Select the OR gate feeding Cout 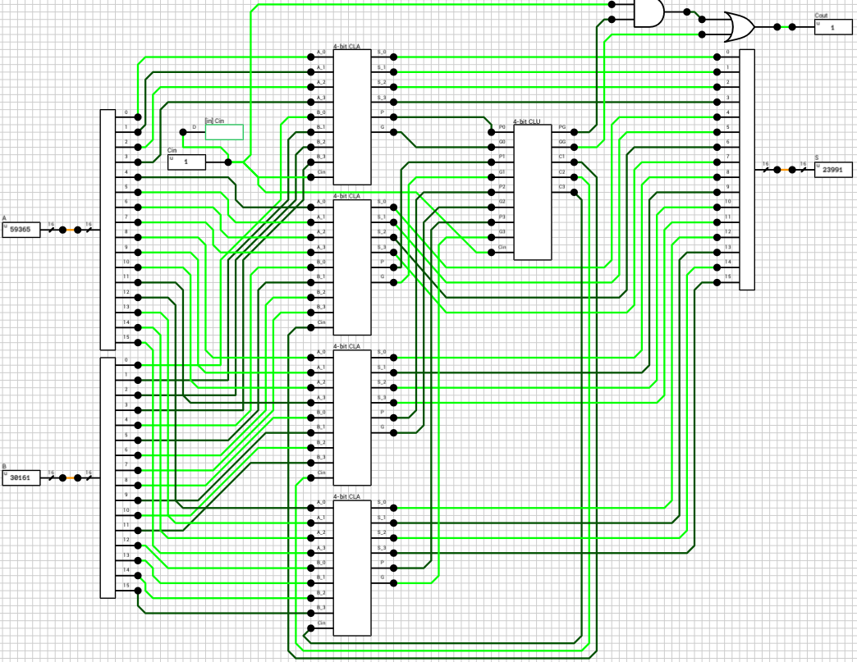tap(740, 27)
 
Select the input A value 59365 tap(21, 231)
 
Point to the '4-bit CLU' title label tap(527, 121)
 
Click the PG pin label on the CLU tap(561, 127)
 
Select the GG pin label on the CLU tap(561, 142)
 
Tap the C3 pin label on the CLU tap(561, 187)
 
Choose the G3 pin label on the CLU tap(502, 231)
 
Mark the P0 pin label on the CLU tap(502, 127)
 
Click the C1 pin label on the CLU tap(561, 157)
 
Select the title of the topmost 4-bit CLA tap(346, 47)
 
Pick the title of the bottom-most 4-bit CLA tap(346, 496)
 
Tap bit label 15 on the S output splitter tap(727, 277)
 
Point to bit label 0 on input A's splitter tap(126, 112)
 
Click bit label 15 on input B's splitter tap(126, 585)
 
